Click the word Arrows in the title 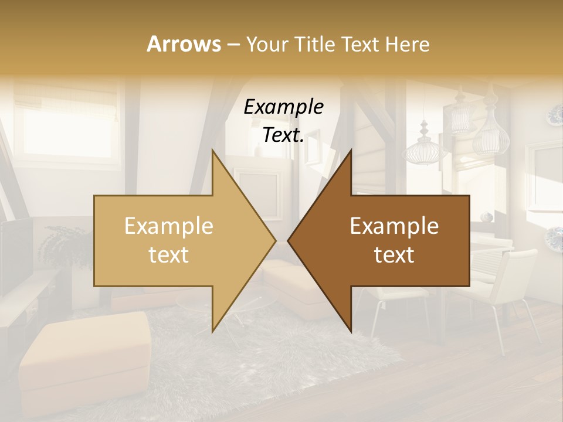coord(184,44)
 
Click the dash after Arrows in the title coord(233,45)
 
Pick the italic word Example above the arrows coord(283,107)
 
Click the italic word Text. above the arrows coord(283,135)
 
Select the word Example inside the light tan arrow coord(168,226)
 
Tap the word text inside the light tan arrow coord(168,255)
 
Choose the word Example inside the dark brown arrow coord(394,226)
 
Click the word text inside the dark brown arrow coord(394,255)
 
